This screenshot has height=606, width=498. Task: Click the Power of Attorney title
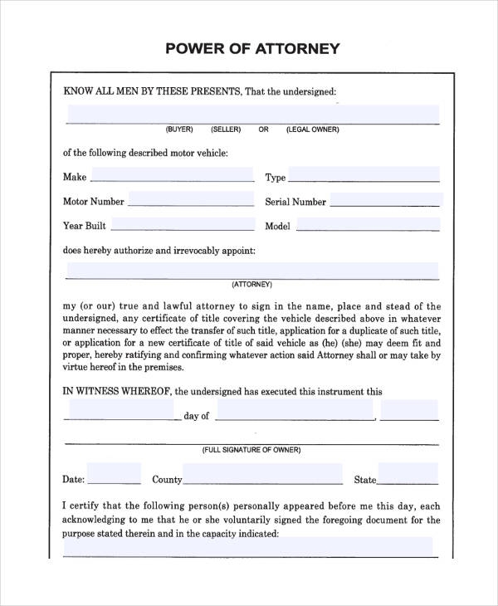click(252, 48)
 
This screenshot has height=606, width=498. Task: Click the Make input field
click(172, 175)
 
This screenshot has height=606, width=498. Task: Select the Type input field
click(364, 175)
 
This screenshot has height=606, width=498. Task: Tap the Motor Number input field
click(191, 199)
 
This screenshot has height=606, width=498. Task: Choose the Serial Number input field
click(386, 200)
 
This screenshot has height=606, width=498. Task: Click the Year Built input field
click(182, 223)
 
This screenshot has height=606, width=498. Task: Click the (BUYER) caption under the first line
click(179, 130)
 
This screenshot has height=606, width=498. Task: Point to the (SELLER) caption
click(226, 130)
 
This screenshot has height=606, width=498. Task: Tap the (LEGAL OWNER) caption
click(312, 130)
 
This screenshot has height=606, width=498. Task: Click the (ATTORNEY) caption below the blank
click(252, 284)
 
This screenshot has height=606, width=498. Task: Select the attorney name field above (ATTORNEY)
click(252, 271)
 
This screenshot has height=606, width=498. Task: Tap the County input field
click(263, 474)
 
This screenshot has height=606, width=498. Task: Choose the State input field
click(408, 474)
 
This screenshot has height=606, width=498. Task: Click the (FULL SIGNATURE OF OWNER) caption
click(252, 449)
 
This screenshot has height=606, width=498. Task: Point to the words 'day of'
click(197, 416)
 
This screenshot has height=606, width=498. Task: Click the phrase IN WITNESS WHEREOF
click(117, 390)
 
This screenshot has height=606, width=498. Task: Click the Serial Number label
click(295, 202)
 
